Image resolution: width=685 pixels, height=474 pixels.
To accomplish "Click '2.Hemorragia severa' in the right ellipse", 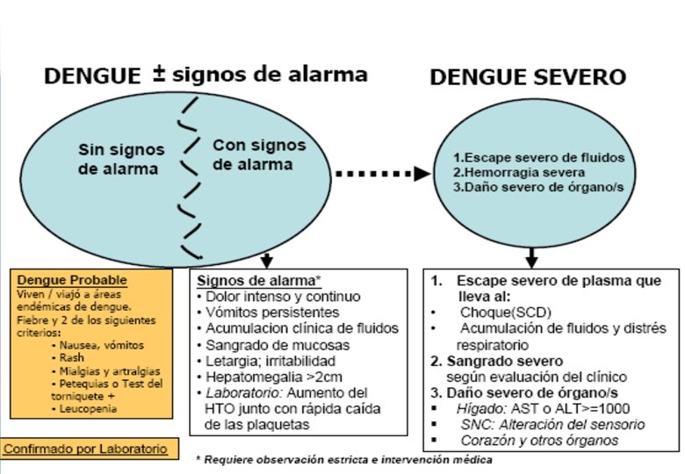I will (x=504, y=172).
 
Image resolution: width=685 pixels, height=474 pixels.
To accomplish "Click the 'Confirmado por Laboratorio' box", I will (x=85, y=449).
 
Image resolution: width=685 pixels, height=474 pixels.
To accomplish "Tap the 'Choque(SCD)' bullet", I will (x=493, y=312).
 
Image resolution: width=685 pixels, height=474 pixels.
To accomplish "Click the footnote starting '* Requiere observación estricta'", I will (x=343, y=459).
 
